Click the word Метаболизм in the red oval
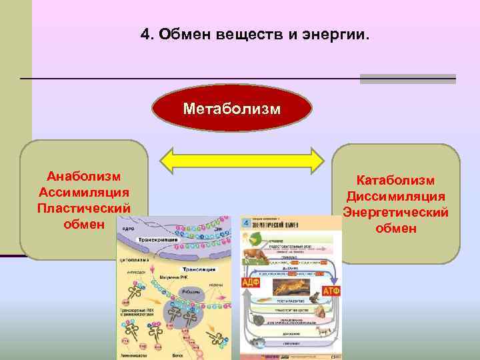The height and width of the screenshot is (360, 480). [232, 108]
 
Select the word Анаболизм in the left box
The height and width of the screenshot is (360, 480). [84, 176]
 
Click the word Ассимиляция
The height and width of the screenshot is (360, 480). [84, 192]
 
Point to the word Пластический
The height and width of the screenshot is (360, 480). [84, 208]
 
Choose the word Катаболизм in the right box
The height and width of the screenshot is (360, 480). [395, 180]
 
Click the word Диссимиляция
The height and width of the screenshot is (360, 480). [395, 196]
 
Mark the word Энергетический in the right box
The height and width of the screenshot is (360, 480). [395, 212]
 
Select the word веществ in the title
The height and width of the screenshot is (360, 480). [246, 34]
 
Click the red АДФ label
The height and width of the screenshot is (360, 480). [251, 283]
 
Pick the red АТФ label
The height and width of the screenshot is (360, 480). [331, 292]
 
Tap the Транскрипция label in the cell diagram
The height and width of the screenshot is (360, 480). [158, 239]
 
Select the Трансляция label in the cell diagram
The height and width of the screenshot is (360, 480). [199, 269]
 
